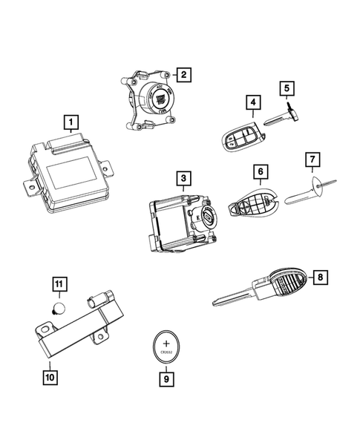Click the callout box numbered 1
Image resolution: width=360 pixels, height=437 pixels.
[71, 120]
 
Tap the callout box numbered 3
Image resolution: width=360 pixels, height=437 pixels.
[183, 178]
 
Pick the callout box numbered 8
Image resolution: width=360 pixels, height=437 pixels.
[320, 277]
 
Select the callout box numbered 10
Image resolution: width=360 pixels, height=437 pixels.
[50, 378]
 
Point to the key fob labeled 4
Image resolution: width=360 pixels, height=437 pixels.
[240, 136]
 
